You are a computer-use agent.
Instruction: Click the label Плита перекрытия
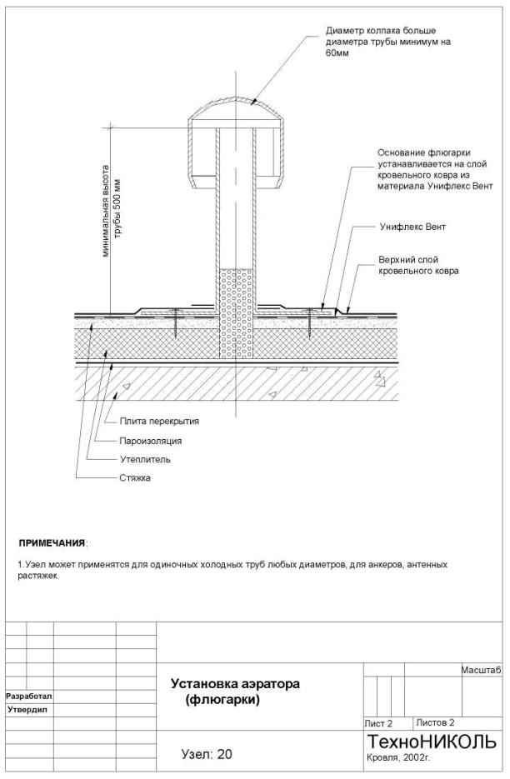tap(159, 422)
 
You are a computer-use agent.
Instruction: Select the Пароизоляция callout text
tap(150, 441)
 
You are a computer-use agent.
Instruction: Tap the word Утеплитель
tap(145, 459)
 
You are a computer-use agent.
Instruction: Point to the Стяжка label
tap(135, 478)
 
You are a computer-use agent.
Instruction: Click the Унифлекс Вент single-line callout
tap(412, 227)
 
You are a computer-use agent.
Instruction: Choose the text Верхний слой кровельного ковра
tap(418, 265)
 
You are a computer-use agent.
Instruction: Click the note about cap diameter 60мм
tap(388, 42)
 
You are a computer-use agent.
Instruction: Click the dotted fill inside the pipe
tap(236, 313)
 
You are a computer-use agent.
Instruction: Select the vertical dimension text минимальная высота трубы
tap(112, 211)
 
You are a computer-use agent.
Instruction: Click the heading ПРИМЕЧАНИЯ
tap(52, 542)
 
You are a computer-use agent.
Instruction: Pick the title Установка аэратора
tap(235, 684)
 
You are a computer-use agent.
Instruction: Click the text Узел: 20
tap(207, 754)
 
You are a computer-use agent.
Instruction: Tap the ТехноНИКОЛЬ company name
tap(432, 742)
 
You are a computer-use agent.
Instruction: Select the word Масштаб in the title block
tap(481, 670)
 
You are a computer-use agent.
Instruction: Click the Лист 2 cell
tap(378, 723)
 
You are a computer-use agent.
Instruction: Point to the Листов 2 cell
tap(436, 722)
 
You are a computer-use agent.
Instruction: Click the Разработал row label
tap(29, 696)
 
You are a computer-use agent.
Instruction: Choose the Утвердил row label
tap(27, 710)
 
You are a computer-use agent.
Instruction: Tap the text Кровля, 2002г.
tap(398, 758)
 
